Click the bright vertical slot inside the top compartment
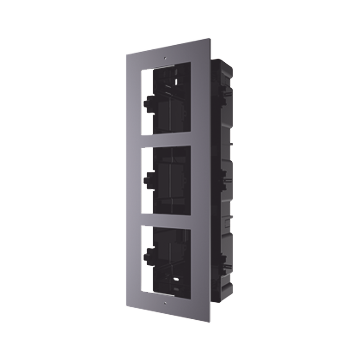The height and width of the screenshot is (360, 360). pyautogui.click(x=176, y=82)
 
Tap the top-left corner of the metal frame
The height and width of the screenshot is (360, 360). pyautogui.click(x=126, y=54)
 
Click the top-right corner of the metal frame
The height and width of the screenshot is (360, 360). pyautogui.click(x=211, y=37)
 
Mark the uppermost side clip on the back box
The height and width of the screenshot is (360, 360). pyautogui.click(x=228, y=95)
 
